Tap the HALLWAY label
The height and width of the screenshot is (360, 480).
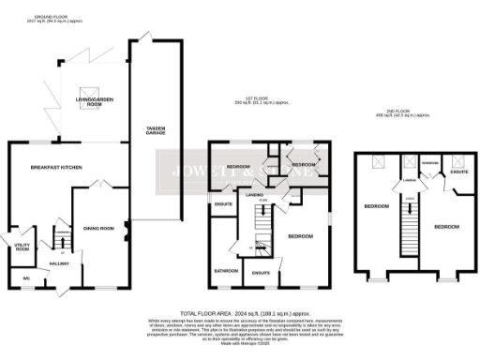(60, 264)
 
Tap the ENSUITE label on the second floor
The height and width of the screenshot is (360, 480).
(458, 172)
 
